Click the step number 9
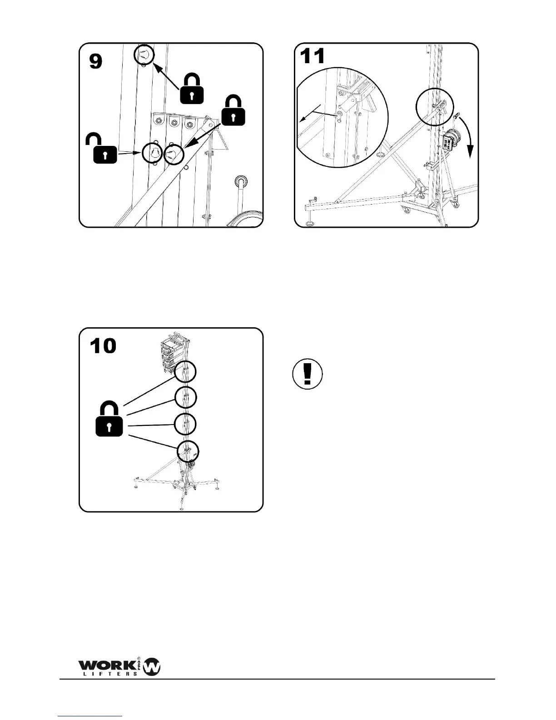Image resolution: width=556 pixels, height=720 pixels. click(96, 61)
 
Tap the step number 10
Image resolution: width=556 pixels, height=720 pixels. click(103, 346)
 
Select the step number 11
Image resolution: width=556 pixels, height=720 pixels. click(313, 56)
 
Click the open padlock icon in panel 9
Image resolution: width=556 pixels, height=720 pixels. click(104, 150)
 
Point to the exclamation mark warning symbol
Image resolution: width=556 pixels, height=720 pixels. click(308, 375)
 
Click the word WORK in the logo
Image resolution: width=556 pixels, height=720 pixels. click(109, 665)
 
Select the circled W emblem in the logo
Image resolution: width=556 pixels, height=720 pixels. click(152, 667)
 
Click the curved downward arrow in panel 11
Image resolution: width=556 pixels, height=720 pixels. click(467, 135)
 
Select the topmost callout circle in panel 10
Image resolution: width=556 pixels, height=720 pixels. click(186, 371)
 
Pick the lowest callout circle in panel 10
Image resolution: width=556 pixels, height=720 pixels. click(188, 451)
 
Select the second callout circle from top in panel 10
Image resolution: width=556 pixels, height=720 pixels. click(186, 397)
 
